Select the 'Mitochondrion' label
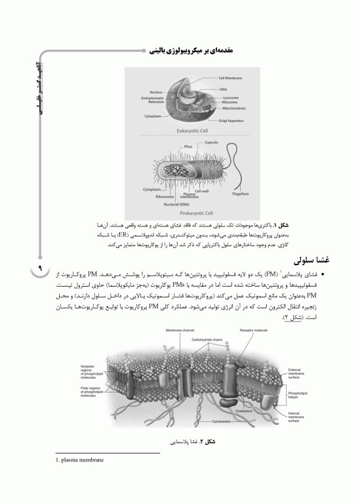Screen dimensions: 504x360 [233, 108]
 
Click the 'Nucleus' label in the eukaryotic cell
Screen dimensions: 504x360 [155, 92]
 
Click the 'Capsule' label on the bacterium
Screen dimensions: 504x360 [211, 142]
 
